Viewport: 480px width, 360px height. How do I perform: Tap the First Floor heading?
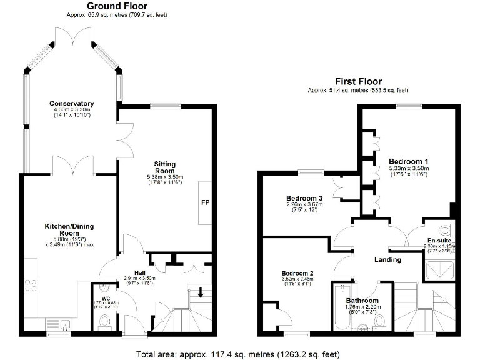(358, 81)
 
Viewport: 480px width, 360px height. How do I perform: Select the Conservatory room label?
(72, 103)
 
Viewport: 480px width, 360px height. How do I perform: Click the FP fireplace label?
(205, 203)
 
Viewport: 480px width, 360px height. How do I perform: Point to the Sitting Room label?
(164, 167)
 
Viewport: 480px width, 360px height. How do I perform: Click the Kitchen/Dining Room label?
(69, 229)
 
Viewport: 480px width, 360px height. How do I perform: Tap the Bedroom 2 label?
(297, 274)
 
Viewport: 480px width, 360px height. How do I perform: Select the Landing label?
(387, 259)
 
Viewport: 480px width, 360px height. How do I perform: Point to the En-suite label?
(440, 240)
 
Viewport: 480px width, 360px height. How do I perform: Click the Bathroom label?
(362, 300)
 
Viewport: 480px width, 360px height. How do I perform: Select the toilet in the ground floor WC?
(104, 321)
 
